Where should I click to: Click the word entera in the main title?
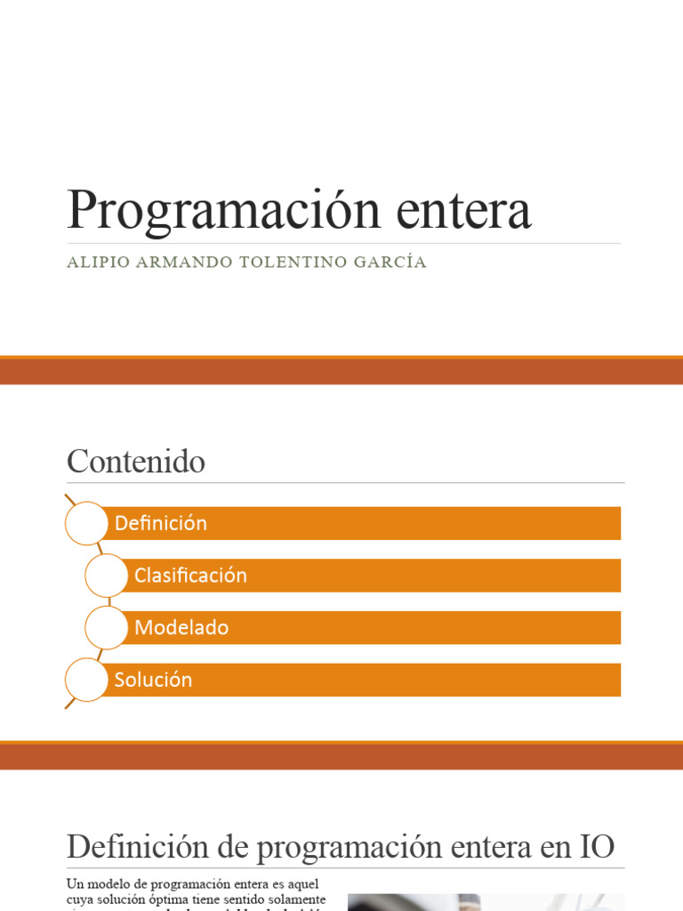pos(463,212)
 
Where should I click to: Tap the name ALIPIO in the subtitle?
pos(94,262)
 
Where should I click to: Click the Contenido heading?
pos(136,462)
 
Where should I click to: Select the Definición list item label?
pos(161,523)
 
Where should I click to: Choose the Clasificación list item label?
pos(190,576)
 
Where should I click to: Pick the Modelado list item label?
pos(181,628)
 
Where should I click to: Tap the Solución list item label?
pos(153,680)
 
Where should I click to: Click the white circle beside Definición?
pos(86,523)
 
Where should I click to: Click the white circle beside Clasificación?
pos(106,576)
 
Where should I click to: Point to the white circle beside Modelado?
pos(106,627)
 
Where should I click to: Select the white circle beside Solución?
pos(86,680)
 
